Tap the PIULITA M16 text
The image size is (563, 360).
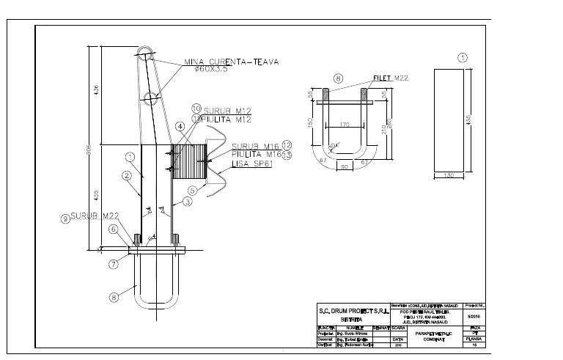[257, 155]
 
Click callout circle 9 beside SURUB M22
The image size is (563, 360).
[65, 218]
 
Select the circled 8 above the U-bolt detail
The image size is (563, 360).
[338, 78]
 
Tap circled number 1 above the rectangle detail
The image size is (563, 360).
[462, 56]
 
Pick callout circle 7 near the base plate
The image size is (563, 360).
[113, 263]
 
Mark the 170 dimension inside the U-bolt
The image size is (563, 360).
[345, 124]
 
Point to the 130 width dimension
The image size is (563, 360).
[448, 174]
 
